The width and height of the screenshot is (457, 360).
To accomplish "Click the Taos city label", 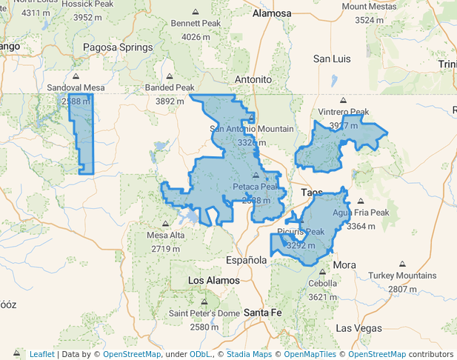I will (x=312, y=193).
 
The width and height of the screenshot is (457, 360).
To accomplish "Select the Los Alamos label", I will (x=213, y=281).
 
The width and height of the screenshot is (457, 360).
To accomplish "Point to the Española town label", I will (x=246, y=261).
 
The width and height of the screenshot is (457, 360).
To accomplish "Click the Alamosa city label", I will (x=272, y=13).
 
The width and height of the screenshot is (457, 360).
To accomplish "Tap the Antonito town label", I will (x=253, y=79).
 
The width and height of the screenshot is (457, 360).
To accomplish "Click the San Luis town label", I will (x=333, y=59).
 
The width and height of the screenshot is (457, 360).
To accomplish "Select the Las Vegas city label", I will (x=359, y=327).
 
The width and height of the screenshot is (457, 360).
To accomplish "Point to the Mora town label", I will (x=344, y=265).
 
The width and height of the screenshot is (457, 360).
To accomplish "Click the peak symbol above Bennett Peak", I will (x=196, y=13).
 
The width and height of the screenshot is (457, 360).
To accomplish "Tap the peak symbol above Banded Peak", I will (x=169, y=76).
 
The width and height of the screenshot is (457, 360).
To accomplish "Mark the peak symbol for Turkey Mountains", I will (x=402, y=264).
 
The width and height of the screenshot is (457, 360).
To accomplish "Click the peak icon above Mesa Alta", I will (x=164, y=224).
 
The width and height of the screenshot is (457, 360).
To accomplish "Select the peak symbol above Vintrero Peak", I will (x=343, y=101).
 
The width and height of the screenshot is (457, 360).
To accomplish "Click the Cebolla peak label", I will (x=322, y=283).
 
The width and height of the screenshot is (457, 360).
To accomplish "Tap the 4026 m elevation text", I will (x=196, y=36).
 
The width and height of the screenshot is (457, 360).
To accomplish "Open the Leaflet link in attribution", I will (x=41, y=354).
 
